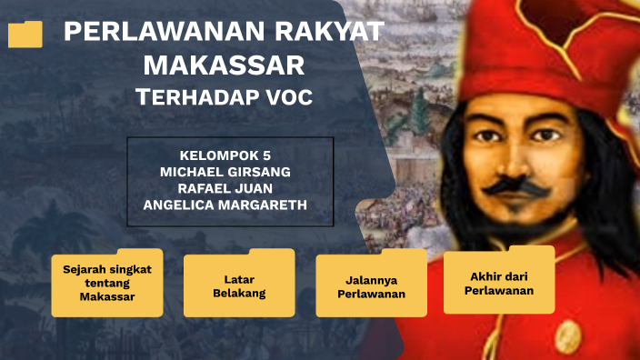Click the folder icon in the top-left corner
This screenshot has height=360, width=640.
[x=25, y=34]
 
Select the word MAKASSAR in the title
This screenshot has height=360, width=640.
[x=224, y=65]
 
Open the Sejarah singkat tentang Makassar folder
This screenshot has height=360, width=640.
[x=106, y=284]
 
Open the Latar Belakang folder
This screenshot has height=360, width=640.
[x=238, y=285]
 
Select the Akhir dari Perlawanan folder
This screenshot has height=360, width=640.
[x=498, y=283]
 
